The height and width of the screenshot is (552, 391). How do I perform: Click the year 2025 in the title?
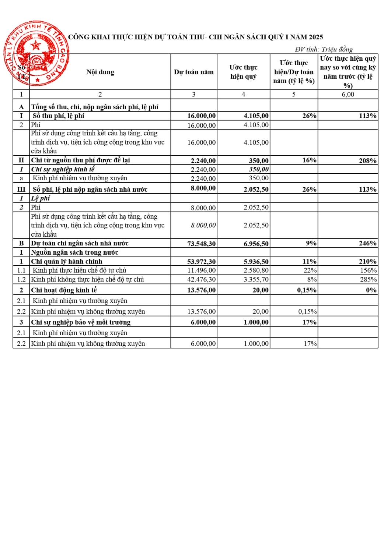coord(316,37)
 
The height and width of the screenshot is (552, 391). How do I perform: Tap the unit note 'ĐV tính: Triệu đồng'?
coord(324,49)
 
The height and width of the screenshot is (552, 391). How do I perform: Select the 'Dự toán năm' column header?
coord(193,72)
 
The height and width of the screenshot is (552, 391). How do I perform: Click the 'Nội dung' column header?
coord(100,72)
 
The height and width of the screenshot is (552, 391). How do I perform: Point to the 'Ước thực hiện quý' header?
coord(243,72)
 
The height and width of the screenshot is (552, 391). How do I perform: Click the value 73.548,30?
coord(201,244)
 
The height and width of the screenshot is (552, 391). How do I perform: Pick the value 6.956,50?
coord(256,244)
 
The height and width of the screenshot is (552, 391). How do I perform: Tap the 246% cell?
coord(367,243)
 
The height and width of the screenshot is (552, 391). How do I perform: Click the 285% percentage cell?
coord(368,280)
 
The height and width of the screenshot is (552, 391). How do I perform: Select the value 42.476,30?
coord(201,280)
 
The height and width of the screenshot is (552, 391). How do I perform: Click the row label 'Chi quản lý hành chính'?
coord(66,262)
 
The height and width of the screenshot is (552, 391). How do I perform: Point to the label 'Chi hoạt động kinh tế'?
coord(64,290)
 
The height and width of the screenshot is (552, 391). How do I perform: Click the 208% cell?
coord(367,161)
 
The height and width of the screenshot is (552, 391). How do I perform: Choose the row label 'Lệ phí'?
coord(40,198)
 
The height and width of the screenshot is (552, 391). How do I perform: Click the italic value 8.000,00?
coord(203,225)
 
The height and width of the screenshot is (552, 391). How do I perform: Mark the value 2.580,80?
coord(256,270)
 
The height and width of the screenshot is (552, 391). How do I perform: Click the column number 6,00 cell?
coord(348,95)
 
